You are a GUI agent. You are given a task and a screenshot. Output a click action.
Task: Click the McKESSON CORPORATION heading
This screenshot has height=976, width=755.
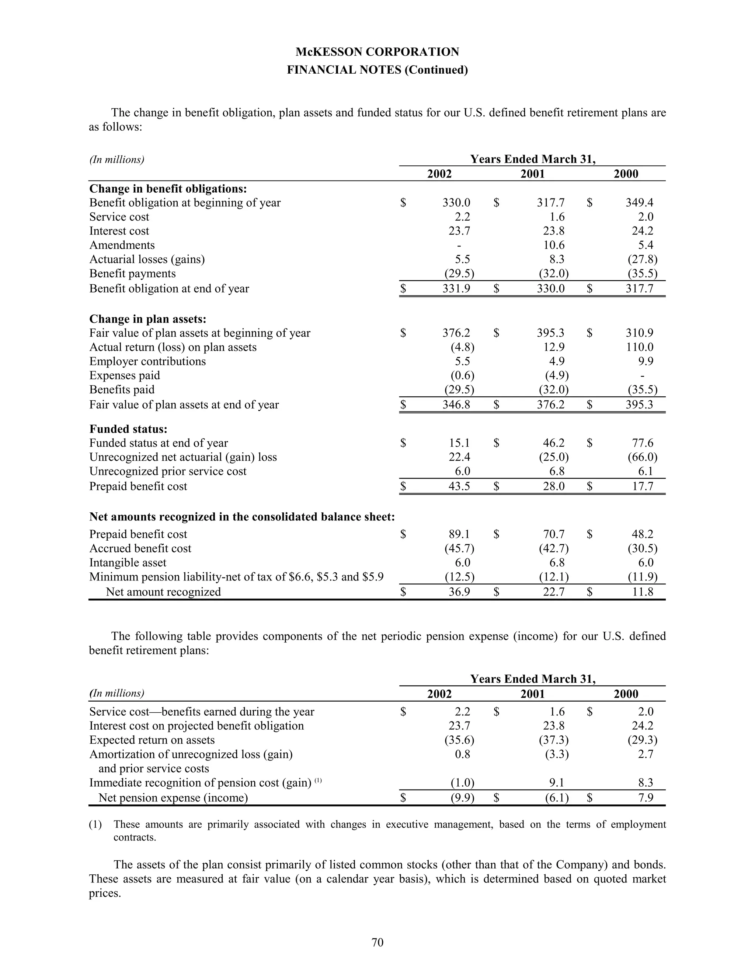click(x=377, y=52)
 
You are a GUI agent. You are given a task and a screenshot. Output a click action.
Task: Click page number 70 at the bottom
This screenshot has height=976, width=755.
click(x=377, y=942)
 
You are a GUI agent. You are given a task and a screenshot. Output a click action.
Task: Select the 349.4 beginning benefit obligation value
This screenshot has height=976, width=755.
click(x=639, y=203)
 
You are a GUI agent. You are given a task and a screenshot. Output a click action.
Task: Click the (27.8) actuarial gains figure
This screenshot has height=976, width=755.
click(x=642, y=259)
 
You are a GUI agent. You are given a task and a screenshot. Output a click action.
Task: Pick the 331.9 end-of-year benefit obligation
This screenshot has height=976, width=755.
click(x=456, y=288)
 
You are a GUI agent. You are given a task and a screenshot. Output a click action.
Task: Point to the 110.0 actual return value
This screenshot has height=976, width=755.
click(x=640, y=347)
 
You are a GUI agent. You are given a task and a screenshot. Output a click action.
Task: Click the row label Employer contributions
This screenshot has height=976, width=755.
click(x=147, y=361)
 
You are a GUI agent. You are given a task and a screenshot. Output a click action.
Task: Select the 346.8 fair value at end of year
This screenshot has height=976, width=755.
click(x=456, y=404)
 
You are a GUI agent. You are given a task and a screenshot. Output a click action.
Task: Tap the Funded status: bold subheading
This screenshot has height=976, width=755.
click(x=128, y=429)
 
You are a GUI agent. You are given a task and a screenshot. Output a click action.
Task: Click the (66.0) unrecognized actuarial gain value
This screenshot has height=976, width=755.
click(x=642, y=457)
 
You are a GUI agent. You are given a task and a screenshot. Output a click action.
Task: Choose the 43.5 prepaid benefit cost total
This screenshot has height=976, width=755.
click(x=459, y=486)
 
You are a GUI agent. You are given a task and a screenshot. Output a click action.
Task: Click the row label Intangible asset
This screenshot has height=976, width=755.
click(x=128, y=562)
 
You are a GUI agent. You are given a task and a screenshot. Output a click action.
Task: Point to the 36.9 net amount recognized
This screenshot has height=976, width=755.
click(x=459, y=592)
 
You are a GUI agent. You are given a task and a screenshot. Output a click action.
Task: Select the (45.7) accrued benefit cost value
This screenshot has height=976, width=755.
click(x=459, y=548)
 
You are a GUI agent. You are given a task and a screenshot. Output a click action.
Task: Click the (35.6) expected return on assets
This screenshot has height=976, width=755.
click(x=459, y=740)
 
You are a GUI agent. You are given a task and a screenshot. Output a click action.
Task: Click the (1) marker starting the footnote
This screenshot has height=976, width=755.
click(x=95, y=825)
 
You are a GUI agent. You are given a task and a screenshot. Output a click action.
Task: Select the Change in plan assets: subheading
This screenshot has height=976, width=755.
click(x=147, y=319)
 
